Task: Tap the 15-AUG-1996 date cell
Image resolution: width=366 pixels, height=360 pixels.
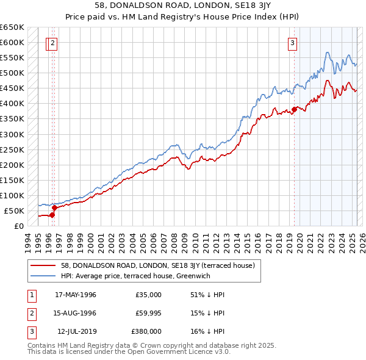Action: [76, 313]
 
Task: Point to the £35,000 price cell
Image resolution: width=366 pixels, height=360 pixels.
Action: [148, 295]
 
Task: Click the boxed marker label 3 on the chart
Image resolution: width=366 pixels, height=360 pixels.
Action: [293, 43]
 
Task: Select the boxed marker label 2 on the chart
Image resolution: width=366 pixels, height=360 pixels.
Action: [53, 43]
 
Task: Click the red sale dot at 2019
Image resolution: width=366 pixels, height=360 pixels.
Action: [294, 109]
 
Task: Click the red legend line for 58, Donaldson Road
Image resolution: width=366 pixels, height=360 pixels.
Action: [43, 265]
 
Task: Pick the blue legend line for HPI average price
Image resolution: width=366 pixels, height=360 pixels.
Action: [43, 276]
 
